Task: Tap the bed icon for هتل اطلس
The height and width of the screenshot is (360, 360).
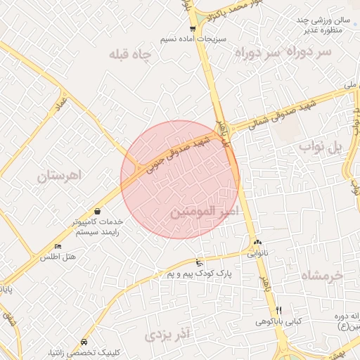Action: click(58, 247)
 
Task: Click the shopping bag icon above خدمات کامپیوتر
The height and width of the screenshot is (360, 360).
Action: click(96, 211)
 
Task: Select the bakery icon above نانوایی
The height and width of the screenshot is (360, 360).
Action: click(257, 243)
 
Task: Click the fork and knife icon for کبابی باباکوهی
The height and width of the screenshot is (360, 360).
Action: click(278, 310)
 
